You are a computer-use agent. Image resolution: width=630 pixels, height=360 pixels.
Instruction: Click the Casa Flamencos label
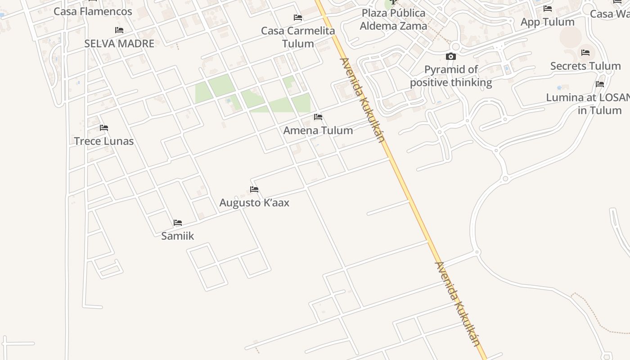tap(93, 11)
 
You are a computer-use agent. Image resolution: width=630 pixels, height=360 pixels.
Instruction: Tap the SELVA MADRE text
tap(119, 44)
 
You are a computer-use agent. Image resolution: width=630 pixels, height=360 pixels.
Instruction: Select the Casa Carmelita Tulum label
tap(298, 37)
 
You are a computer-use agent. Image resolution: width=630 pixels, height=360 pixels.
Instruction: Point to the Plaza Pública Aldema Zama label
tap(393, 19)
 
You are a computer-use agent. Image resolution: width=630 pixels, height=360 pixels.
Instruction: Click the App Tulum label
tap(547, 22)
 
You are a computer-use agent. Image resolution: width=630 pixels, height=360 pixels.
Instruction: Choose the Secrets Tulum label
tap(585, 66)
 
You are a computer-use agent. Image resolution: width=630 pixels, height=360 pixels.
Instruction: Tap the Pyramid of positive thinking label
tap(451, 76)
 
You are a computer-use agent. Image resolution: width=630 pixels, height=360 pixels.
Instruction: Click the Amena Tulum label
tap(318, 130)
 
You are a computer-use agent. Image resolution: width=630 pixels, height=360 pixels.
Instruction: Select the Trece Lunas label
tap(104, 141)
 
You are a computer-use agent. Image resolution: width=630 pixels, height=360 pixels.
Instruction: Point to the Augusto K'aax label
tap(254, 203)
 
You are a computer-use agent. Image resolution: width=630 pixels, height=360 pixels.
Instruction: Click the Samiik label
tap(178, 236)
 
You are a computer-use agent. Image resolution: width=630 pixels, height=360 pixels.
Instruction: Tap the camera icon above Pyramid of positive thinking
tap(451, 57)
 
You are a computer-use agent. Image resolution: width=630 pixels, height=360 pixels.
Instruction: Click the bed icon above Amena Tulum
tap(318, 117)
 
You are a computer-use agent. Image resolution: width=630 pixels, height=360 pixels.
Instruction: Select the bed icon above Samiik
tap(178, 222)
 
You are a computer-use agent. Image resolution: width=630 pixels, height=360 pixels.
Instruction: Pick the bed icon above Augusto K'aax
tap(254, 189)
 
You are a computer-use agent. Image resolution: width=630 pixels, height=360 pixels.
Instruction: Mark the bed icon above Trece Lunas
tap(104, 128)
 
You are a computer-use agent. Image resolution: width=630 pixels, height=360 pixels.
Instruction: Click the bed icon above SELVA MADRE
tap(119, 30)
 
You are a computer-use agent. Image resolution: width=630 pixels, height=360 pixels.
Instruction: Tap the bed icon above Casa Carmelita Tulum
tap(298, 18)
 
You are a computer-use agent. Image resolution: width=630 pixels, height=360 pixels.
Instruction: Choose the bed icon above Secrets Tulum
tap(585, 53)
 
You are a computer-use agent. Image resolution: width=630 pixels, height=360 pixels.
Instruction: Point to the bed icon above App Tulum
tap(547, 9)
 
